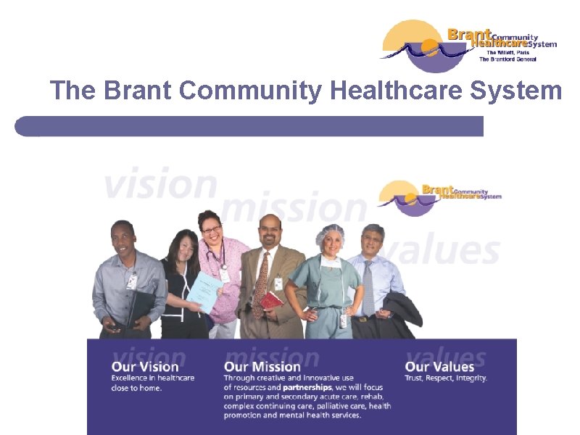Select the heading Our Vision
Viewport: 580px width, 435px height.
click(x=145, y=367)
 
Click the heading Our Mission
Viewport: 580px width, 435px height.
click(x=262, y=367)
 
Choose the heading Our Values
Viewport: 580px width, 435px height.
click(x=439, y=367)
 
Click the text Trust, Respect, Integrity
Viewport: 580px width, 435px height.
click(x=446, y=378)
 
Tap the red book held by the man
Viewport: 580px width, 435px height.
click(x=272, y=299)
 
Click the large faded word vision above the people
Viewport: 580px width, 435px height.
click(x=160, y=183)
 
